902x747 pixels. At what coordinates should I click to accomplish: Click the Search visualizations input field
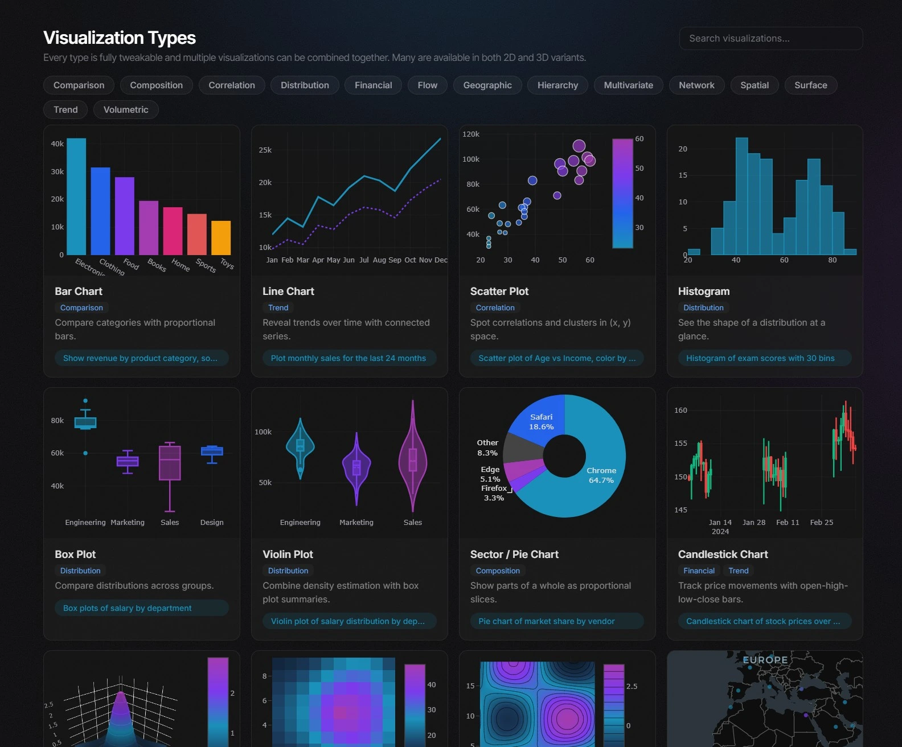770,39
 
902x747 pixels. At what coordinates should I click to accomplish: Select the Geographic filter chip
487,85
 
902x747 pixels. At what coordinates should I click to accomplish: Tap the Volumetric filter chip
126,110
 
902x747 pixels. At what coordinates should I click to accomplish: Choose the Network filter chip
696,85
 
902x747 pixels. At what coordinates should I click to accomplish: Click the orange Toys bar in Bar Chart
221,237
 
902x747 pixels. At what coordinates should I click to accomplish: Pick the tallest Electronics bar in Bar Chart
76,196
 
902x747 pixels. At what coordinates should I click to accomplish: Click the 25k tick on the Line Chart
265,150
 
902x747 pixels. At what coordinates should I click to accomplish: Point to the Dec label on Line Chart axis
441,260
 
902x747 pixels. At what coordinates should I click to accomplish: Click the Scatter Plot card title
499,292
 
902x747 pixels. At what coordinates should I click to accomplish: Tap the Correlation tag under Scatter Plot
495,308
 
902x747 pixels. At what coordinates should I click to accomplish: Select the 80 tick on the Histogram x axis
833,260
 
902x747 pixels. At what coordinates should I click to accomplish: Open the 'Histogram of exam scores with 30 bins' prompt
760,358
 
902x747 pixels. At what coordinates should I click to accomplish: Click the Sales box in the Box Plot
170,462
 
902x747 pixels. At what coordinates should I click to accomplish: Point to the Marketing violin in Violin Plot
356,467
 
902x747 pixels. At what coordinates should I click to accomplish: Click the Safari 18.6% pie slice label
541,422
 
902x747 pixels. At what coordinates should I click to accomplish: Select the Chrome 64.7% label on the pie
601,475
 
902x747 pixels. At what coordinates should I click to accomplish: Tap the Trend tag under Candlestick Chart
739,571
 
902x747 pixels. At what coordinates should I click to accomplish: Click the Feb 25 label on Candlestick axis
821,523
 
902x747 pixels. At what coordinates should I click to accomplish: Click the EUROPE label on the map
765,660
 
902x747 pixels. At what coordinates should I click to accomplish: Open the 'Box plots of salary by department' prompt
128,608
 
